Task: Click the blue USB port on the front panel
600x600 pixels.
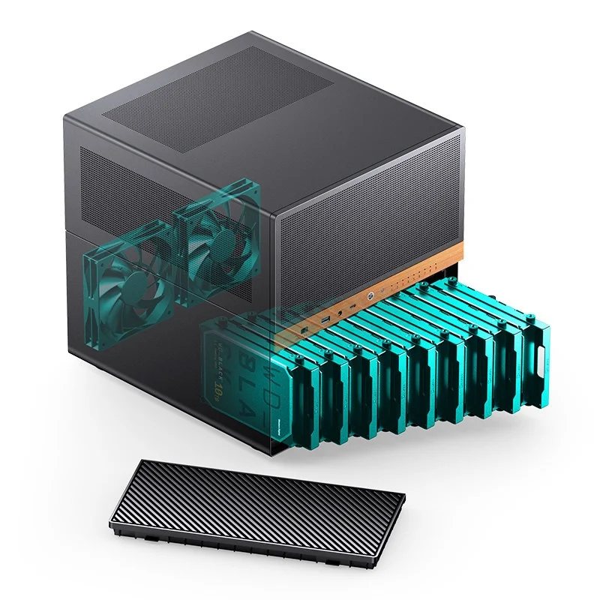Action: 324,321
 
